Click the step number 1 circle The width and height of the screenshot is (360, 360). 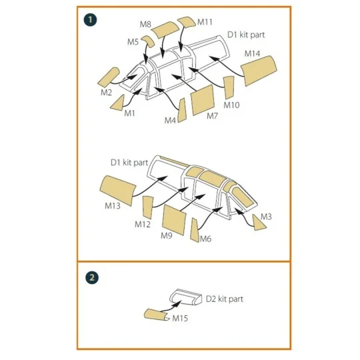[89, 19]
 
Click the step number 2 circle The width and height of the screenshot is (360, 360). [89, 275]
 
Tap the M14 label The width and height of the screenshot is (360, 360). [252, 53]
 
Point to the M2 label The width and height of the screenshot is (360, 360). [107, 93]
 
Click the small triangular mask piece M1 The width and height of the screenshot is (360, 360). [118, 101]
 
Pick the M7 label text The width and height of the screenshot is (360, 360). [212, 116]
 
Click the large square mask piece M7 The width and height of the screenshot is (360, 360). [201, 98]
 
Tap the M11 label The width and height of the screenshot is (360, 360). [205, 22]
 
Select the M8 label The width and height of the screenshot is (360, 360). [145, 25]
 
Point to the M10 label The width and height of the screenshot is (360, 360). [231, 105]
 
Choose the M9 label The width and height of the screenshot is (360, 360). [166, 235]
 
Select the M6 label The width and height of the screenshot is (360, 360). [206, 239]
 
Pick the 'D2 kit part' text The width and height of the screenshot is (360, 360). [224, 299]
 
